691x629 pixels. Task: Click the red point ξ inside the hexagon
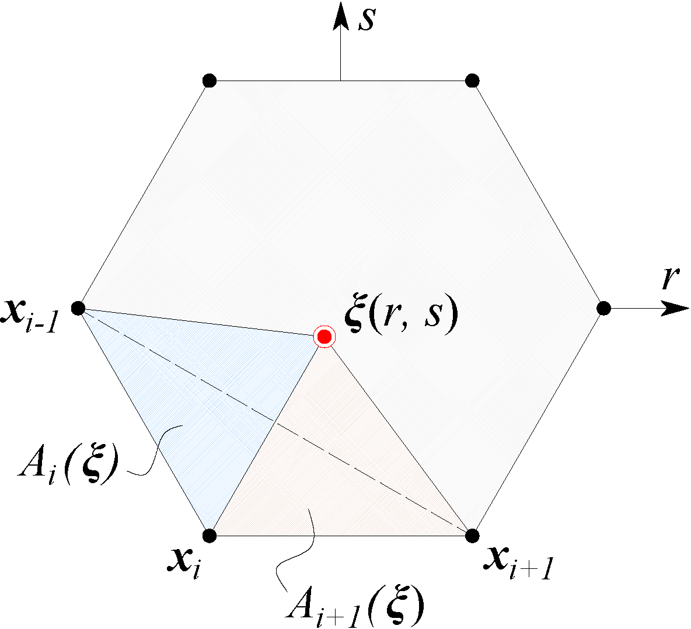tap(324, 337)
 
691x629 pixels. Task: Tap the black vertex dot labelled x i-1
tap(78, 308)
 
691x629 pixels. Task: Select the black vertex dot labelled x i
tap(210, 536)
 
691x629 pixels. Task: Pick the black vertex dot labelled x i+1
tap(472, 536)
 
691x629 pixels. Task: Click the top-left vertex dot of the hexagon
tap(210, 81)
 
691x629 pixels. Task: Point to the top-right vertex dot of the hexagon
tap(472, 81)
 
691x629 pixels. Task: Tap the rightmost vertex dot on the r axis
tap(603, 308)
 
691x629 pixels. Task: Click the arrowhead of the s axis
tap(340, 16)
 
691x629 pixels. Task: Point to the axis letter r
tap(670, 278)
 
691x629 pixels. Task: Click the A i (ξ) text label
tap(68, 464)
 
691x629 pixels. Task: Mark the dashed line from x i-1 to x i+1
tap(275, 422)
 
